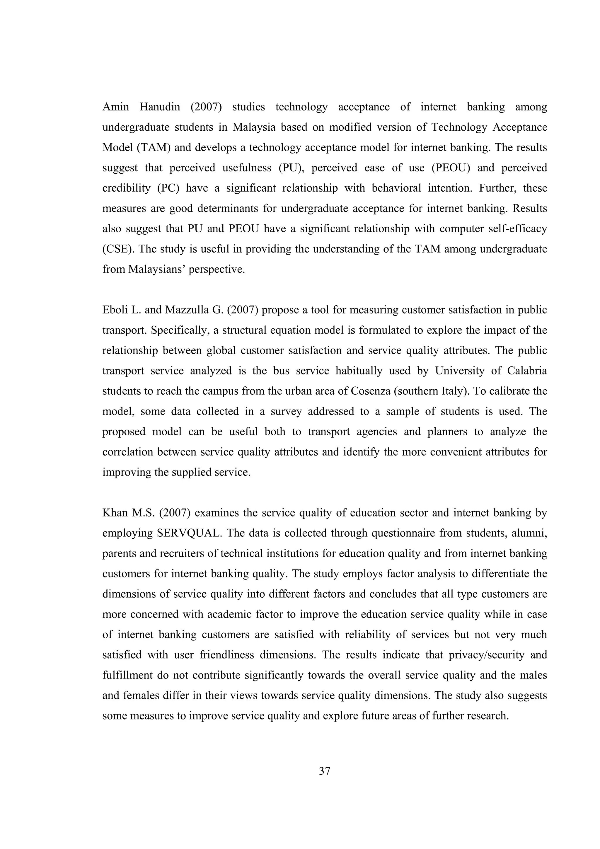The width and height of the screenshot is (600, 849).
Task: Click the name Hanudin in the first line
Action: tap(160, 107)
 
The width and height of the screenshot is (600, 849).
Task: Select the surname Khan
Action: tap(113, 513)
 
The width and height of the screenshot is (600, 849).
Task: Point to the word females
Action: tap(142, 696)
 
